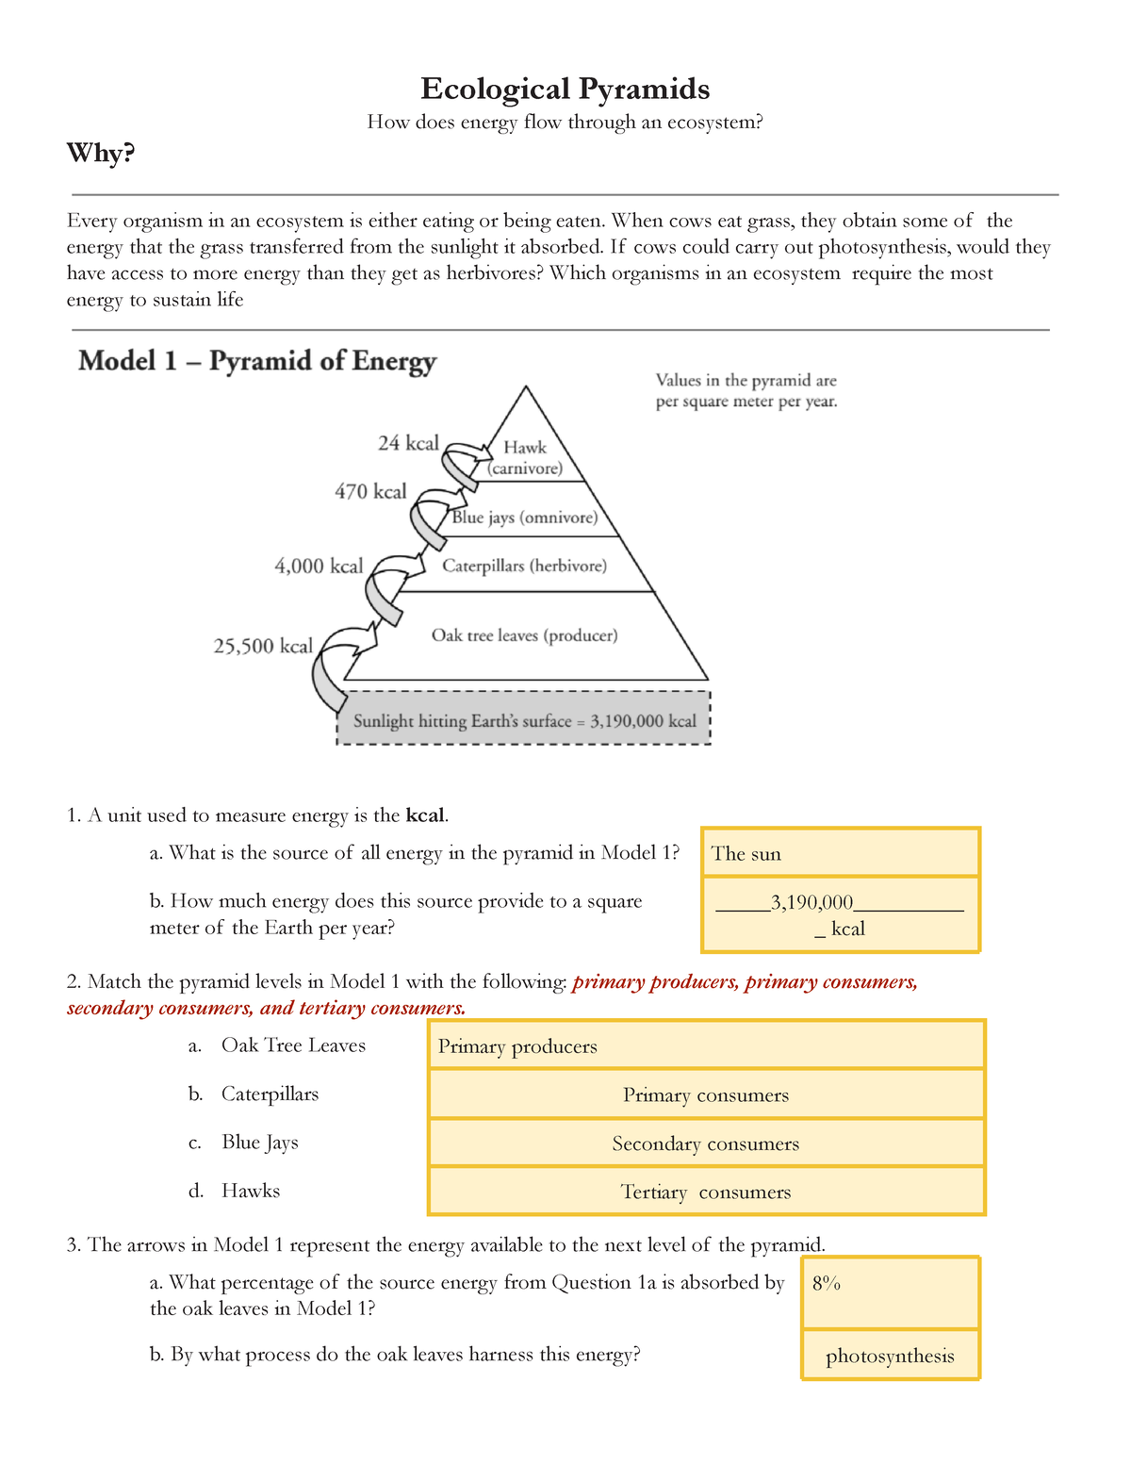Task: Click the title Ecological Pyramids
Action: click(x=565, y=89)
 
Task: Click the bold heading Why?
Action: click(x=101, y=153)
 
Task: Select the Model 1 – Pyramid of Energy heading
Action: click(x=257, y=361)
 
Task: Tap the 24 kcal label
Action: click(x=408, y=443)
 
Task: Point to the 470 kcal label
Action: click(x=370, y=491)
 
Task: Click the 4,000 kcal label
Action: click(x=319, y=566)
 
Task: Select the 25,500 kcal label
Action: click(x=263, y=646)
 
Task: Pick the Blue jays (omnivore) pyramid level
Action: click(x=525, y=518)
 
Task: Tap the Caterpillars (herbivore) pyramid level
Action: click(x=525, y=566)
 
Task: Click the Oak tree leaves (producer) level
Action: click(x=525, y=635)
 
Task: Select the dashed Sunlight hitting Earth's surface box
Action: click(x=524, y=721)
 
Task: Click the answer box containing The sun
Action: click(x=840, y=853)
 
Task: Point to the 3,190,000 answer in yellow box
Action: click(x=811, y=903)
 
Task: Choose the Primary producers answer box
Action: click(x=706, y=1045)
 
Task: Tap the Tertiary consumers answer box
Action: click(x=706, y=1192)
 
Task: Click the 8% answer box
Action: click(x=890, y=1292)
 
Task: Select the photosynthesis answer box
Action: click(x=890, y=1356)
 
